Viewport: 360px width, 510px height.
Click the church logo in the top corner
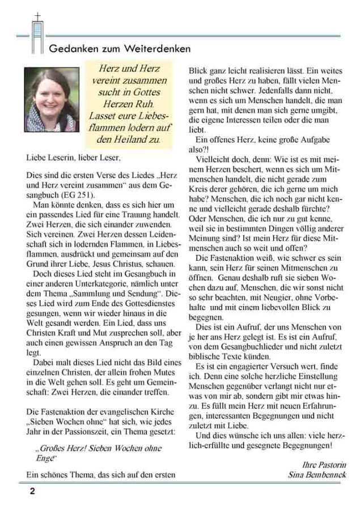tap(38, 32)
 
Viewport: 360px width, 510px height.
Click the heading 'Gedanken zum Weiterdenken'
tap(120, 49)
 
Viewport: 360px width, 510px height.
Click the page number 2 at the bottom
tap(32, 491)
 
